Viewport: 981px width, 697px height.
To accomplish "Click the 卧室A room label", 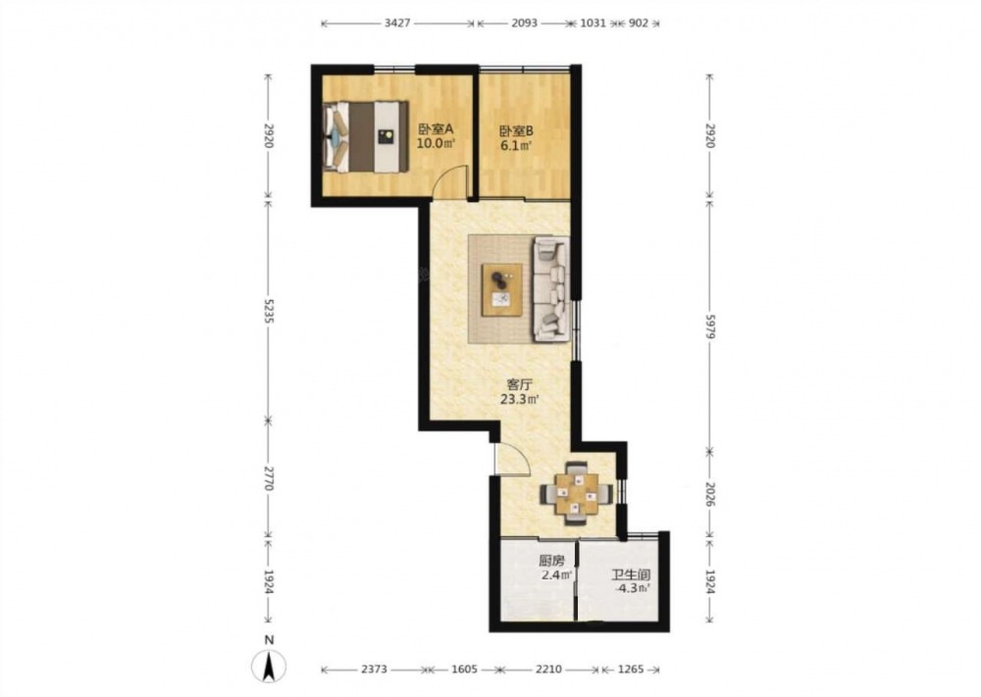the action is [x=435, y=129].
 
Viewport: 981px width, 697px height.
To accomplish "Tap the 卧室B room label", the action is [x=516, y=131].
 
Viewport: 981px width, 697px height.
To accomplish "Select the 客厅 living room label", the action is [x=519, y=384].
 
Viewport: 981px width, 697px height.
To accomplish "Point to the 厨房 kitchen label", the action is [x=551, y=562].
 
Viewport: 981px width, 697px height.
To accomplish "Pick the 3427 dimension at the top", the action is [x=397, y=24].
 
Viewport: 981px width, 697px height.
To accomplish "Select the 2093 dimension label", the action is [x=524, y=24].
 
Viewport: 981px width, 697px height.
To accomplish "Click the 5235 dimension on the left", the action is [x=269, y=309].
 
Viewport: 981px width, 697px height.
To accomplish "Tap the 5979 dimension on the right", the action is [x=710, y=325].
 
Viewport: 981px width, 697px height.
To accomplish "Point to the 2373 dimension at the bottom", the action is [x=374, y=670].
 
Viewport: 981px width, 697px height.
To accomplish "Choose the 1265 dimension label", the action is [x=631, y=670].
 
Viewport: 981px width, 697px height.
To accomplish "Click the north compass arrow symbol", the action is [x=269, y=666].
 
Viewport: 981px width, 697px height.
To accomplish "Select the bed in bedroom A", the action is [x=366, y=137].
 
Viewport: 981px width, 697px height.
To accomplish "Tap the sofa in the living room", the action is [x=551, y=289].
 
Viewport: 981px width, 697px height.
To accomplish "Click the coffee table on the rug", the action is [x=501, y=290].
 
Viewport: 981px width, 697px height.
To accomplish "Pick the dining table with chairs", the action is [x=576, y=492].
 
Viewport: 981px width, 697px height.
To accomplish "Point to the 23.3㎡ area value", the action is [x=519, y=399].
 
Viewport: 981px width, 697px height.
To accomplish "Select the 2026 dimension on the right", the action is [x=710, y=493].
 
